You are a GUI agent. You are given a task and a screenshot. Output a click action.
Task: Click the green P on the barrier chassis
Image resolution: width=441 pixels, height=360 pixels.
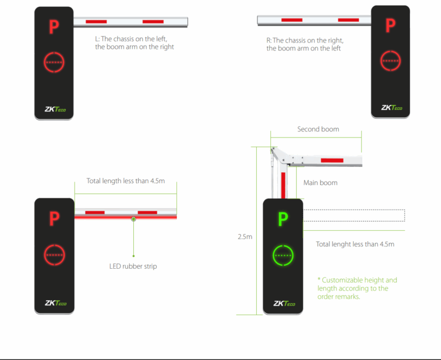pos(283,219)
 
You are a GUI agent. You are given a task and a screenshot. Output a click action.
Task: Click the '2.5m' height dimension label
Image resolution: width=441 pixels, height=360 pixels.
pos(245,237)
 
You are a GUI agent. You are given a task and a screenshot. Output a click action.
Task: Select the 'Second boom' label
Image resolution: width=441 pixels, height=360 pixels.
pos(318,129)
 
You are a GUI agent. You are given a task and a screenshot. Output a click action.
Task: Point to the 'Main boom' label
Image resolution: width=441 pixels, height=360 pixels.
pos(320,183)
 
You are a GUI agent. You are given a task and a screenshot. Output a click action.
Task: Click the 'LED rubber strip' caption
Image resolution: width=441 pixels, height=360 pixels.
pos(133,266)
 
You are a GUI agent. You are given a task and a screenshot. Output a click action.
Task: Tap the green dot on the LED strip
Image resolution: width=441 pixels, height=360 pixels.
pos(134,219)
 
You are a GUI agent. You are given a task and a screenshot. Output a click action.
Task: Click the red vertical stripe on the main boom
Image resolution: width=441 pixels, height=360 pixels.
pos(283,185)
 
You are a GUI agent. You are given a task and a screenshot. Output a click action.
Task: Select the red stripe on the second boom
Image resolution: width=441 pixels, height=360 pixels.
pos(332,160)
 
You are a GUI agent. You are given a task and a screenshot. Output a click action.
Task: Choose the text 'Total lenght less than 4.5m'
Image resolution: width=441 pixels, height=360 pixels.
pos(355,244)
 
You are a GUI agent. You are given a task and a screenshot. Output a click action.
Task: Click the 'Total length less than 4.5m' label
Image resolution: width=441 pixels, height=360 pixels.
pos(125,181)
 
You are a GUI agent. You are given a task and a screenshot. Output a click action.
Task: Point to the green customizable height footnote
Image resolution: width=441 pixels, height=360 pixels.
pos(357,288)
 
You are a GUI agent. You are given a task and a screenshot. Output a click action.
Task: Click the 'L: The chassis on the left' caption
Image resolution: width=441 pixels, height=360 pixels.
pos(131,39)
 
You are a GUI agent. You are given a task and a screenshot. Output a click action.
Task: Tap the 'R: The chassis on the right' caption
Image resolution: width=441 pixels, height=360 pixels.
pos(305,41)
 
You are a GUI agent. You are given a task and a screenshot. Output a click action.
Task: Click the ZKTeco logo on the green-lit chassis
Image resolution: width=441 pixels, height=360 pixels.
pos(284,303)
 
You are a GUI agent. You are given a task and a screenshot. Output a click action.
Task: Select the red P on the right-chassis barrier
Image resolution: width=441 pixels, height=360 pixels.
pos(390,25)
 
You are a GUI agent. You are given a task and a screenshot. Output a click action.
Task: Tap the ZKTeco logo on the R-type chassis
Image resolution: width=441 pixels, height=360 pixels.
pos(392,107)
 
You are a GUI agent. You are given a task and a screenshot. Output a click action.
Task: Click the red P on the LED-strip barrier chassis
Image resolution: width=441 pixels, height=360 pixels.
pos(55,219)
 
